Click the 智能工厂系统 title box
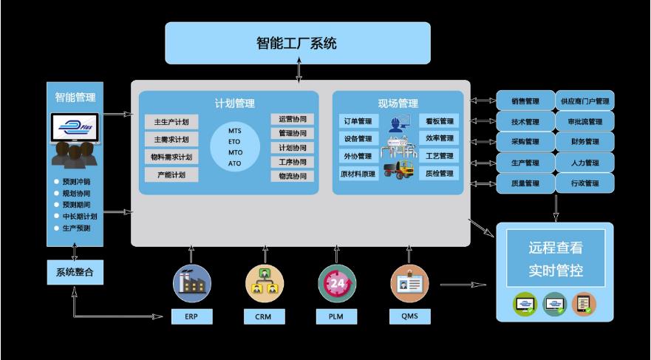click(x=297, y=43)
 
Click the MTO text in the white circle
click(x=235, y=152)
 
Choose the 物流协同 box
click(x=292, y=176)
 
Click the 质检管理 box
click(x=440, y=174)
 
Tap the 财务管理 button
click(x=585, y=142)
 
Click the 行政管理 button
click(x=585, y=183)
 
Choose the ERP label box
click(x=191, y=317)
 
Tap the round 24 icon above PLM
click(x=337, y=283)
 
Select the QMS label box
click(x=409, y=317)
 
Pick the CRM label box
click(x=265, y=317)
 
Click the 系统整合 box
click(x=75, y=273)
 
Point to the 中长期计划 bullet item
click(x=76, y=217)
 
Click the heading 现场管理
click(x=398, y=103)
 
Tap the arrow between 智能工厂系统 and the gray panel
click(x=299, y=72)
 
